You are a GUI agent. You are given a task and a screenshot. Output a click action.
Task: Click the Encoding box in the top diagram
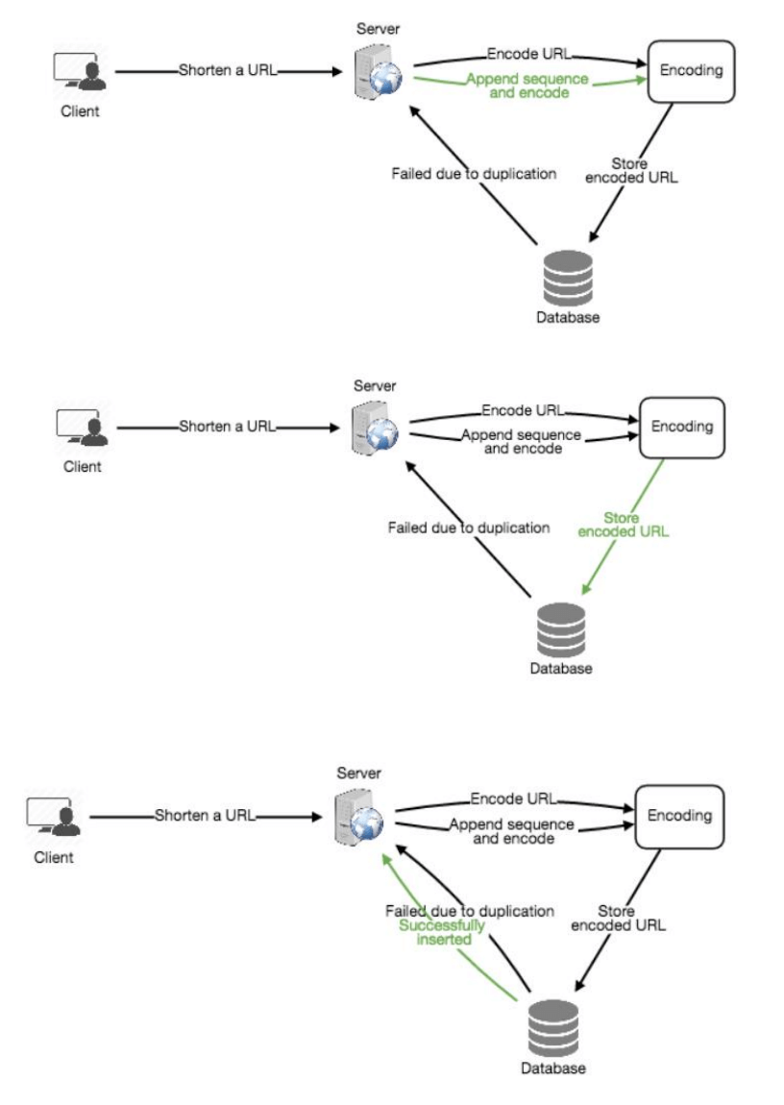coord(691,71)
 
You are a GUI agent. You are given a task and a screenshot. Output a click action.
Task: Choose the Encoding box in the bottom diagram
coord(679,816)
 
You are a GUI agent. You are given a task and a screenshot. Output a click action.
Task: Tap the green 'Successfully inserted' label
coord(443,932)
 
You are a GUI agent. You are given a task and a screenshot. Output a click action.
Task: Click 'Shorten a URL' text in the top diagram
coord(228,71)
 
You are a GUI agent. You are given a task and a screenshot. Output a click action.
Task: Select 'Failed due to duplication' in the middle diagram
coord(469,528)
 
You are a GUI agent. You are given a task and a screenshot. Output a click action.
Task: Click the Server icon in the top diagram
coord(379,70)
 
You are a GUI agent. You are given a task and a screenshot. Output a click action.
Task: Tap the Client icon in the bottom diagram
coord(55,818)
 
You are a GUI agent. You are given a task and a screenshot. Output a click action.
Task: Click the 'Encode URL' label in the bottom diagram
coord(513,798)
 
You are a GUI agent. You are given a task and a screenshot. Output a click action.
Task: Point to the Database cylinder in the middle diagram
coord(561,630)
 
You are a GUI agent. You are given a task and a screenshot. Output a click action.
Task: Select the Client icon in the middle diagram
coord(82,429)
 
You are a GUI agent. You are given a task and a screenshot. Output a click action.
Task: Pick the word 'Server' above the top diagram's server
coord(378,30)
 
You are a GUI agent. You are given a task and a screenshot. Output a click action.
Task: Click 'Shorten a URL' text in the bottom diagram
coord(205,816)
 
